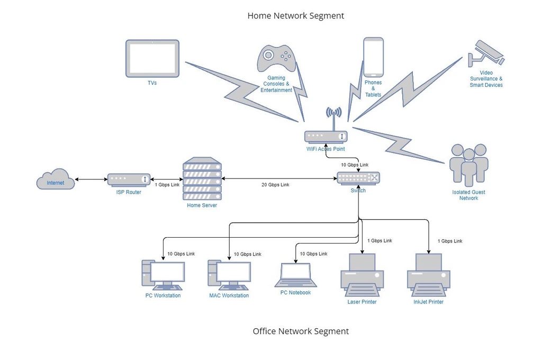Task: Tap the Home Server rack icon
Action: pyautogui.click(x=202, y=178)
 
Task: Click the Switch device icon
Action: pyautogui.click(x=358, y=178)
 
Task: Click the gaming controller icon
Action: pyautogui.click(x=276, y=58)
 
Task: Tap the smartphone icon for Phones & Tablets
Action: pyautogui.click(x=373, y=57)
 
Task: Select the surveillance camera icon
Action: pyautogui.click(x=486, y=53)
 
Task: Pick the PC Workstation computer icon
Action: pyautogui.click(x=163, y=275)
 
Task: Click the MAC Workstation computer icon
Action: pyautogui.click(x=229, y=275)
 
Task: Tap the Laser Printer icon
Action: pyautogui.click(x=362, y=275)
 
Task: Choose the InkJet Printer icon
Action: pyautogui.click(x=428, y=275)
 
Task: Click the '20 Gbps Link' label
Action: pyautogui.click(x=275, y=185)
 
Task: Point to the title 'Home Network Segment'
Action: pyautogui.click(x=295, y=16)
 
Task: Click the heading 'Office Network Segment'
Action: pyautogui.click(x=301, y=331)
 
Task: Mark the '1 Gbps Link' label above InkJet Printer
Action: pyautogui.click(x=449, y=241)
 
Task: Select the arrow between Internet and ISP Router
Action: pyautogui.click(x=92, y=179)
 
